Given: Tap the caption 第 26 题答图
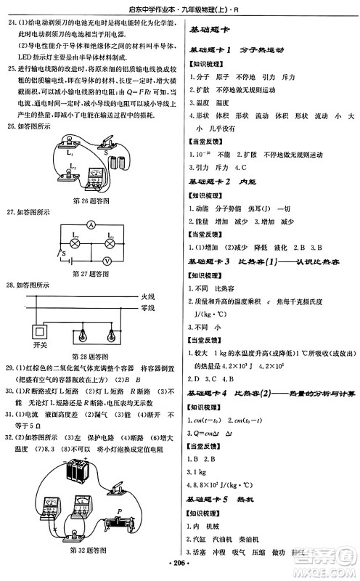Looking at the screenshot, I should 90,200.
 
